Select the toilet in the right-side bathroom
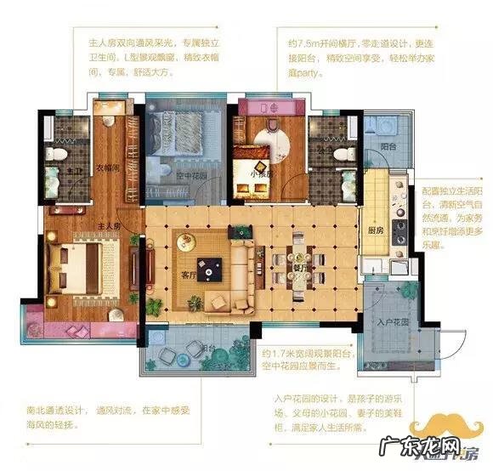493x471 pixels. [343, 154]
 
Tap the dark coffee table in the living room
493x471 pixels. [205, 270]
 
